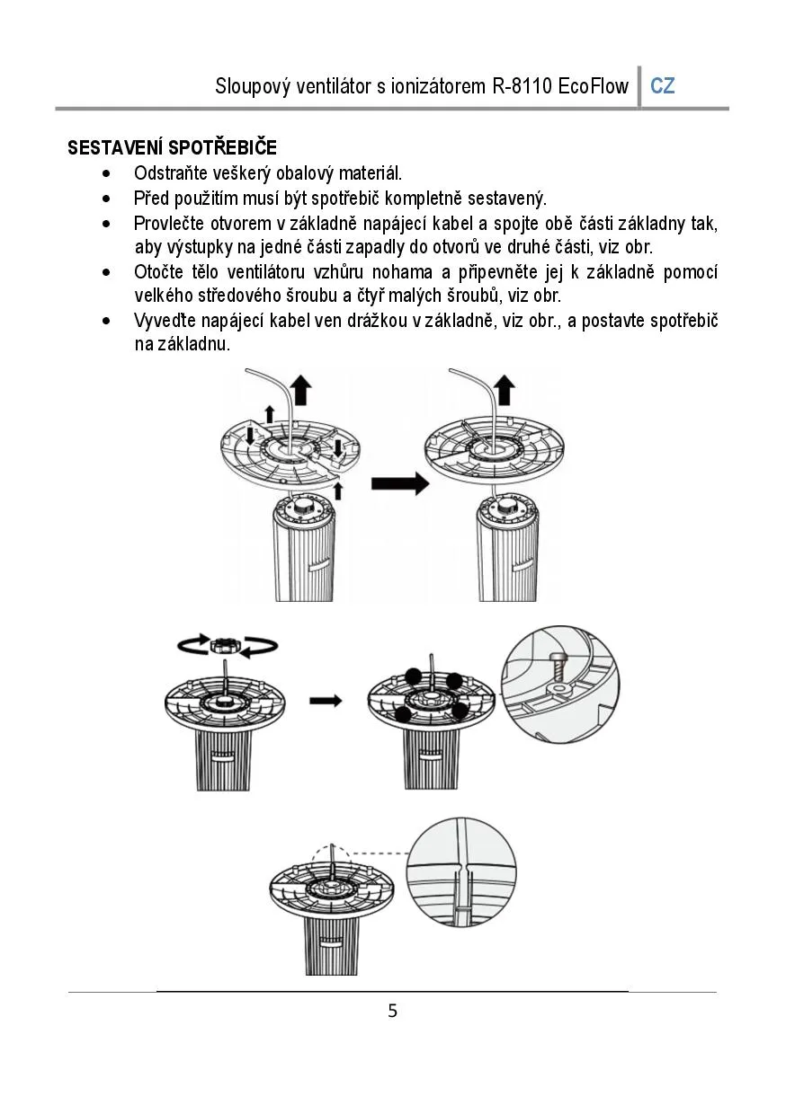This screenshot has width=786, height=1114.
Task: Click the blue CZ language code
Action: click(x=663, y=86)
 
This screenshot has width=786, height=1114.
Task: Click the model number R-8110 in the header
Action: click(x=523, y=86)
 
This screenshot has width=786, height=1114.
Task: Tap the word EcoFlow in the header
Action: click(x=594, y=86)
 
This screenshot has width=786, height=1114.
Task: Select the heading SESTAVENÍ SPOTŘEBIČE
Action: click(x=173, y=147)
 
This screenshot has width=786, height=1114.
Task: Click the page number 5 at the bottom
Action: click(x=393, y=1011)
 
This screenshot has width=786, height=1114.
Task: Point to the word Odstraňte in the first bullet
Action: click(x=170, y=173)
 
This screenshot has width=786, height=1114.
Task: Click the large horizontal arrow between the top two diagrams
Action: click(x=400, y=483)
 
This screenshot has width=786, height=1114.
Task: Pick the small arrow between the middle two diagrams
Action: click(x=326, y=702)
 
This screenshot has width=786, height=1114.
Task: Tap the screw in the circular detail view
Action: click(x=559, y=667)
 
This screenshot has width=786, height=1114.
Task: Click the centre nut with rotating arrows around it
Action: click(x=225, y=646)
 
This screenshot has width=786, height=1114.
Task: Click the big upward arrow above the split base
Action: click(x=300, y=390)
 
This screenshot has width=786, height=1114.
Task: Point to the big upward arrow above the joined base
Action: click(x=505, y=390)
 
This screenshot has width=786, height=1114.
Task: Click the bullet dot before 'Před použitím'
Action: click(x=106, y=199)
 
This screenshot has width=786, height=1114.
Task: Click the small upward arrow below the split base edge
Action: click(x=338, y=491)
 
